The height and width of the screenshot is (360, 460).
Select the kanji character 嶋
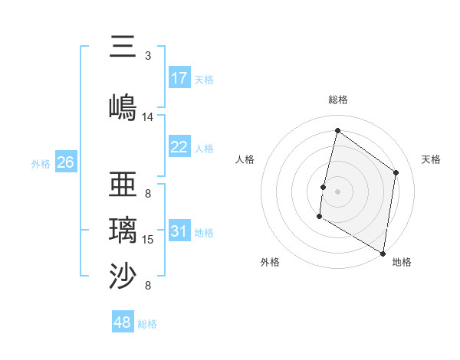pos(124,106)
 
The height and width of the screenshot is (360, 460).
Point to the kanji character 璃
pos(124,230)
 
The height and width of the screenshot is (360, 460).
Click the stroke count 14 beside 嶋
pos(148,117)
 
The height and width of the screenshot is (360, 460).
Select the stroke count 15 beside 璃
pos(148,240)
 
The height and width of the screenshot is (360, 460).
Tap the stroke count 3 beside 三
pos(148,56)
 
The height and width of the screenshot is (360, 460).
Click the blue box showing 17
pos(179,78)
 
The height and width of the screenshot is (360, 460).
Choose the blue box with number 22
pos(179,147)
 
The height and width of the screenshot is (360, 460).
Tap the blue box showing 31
pos(179,231)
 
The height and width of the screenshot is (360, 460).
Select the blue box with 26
pos(65,162)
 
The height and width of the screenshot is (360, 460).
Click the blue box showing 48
pos(123,322)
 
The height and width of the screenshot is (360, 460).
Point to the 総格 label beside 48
pos(148,324)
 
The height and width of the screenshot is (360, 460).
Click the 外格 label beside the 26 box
pos(41,163)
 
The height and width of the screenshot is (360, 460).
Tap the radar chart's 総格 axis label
pos(338,100)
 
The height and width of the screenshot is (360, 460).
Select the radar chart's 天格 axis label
pos(432,159)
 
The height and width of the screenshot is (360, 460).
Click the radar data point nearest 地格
pos(383,253)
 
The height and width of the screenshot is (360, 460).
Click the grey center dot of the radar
pos(337,191)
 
